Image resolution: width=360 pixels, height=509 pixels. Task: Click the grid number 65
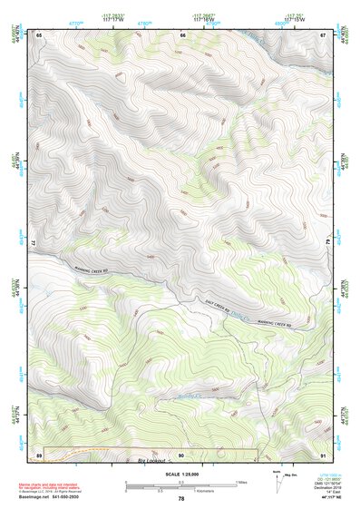(x=39, y=34)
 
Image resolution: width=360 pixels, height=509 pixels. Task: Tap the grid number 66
(x=182, y=34)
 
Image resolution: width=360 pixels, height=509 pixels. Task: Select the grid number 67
(x=323, y=34)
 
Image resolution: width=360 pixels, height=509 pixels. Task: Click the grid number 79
(x=327, y=244)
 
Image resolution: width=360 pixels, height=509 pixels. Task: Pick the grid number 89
(x=39, y=454)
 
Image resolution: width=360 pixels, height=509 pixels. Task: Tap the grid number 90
(x=181, y=454)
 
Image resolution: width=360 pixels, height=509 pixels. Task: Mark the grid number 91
(x=323, y=454)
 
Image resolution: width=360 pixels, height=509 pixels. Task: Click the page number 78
(x=181, y=499)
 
